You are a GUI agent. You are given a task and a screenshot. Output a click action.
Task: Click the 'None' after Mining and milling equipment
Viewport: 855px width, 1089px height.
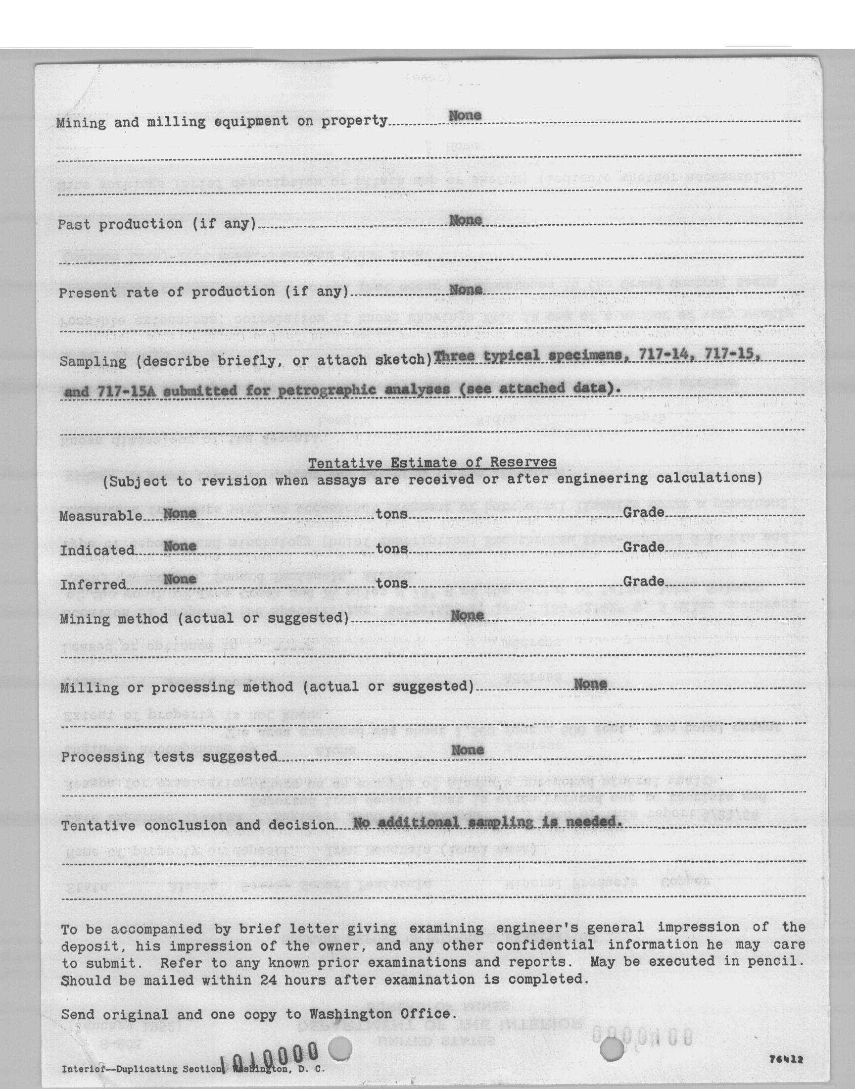(465, 115)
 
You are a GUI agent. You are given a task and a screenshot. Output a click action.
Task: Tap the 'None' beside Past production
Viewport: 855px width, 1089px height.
(465, 220)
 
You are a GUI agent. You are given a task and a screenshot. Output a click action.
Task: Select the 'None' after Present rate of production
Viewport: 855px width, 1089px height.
(466, 290)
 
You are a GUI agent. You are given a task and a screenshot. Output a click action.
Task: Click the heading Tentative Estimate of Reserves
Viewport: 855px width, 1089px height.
(432, 462)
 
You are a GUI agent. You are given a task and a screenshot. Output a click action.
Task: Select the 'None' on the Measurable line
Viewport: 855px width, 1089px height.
(180, 513)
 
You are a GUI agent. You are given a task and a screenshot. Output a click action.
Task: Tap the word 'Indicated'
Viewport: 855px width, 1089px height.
(97, 550)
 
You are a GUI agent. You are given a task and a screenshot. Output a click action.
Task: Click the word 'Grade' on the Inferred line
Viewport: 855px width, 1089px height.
(643, 581)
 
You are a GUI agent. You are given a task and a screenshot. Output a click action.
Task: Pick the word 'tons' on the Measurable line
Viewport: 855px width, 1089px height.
(391, 514)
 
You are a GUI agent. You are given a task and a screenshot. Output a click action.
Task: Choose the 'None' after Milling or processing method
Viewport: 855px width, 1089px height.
(590, 684)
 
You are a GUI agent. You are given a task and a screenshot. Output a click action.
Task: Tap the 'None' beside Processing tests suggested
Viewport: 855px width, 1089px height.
(468, 749)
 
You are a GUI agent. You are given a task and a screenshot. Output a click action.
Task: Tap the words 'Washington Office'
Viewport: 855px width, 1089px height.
(380, 1014)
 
